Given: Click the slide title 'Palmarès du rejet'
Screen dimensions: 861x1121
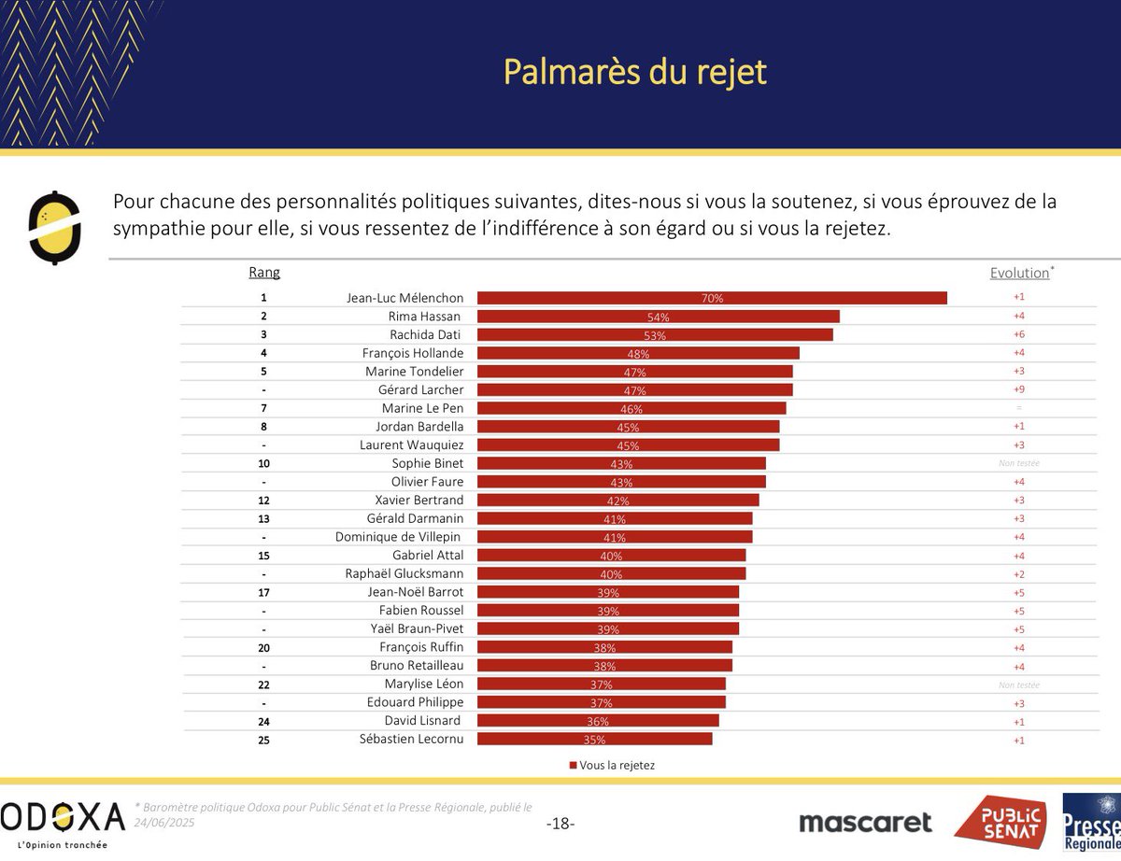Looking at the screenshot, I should [x=635, y=71].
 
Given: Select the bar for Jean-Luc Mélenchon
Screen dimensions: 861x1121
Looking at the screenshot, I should [x=712, y=298].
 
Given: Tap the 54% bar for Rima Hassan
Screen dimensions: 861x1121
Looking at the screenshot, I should [x=658, y=317].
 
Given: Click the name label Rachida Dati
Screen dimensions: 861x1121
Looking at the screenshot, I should [x=426, y=334].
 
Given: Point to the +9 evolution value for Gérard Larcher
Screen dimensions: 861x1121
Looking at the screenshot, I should [x=1018, y=389].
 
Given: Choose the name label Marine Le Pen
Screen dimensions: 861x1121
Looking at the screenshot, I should [x=422, y=408].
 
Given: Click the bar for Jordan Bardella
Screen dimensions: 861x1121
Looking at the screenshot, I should [x=628, y=427].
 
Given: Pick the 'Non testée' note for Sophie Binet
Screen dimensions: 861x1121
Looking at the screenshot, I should [x=1018, y=463].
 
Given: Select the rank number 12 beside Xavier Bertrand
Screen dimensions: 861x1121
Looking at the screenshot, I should [x=263, y=500].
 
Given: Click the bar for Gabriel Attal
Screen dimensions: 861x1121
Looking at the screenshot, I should [x=611, y=555].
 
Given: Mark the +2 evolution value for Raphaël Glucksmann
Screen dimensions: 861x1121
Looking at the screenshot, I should [x=1018, y=573].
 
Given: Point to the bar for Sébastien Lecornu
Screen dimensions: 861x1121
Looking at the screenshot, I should [x=594, y=739].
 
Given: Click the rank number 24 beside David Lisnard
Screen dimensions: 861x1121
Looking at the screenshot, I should [x=263, y=721].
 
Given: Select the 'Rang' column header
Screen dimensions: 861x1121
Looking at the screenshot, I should [x=264, y=273].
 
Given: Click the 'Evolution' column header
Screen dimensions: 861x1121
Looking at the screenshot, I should [x=1019, y=273].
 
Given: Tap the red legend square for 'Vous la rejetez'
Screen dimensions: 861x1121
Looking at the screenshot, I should [x=573, y=765].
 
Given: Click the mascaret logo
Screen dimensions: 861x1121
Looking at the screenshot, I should [x=865, y=822].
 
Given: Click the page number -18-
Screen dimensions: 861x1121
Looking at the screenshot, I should [x=560, y=824].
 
